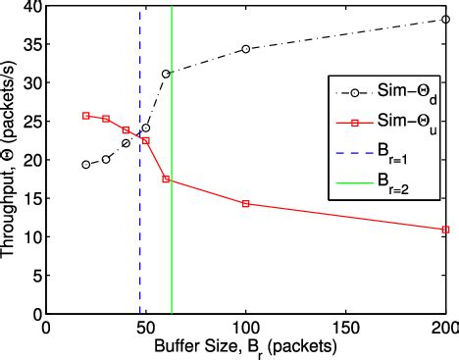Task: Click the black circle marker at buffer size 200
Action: click(x=445, y=19)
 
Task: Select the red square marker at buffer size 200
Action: click(x=445, y=230)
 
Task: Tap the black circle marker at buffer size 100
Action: click(x=245, y=48)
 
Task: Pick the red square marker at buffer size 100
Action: click(x=245, y=203)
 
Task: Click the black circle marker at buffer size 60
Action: click(x=166, y=74)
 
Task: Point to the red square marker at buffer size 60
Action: click(x=166, y=179)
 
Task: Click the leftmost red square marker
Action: click(x=86, y=116)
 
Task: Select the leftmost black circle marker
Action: click(x=86, y=165)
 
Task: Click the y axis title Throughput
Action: click(x=10, y=162)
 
